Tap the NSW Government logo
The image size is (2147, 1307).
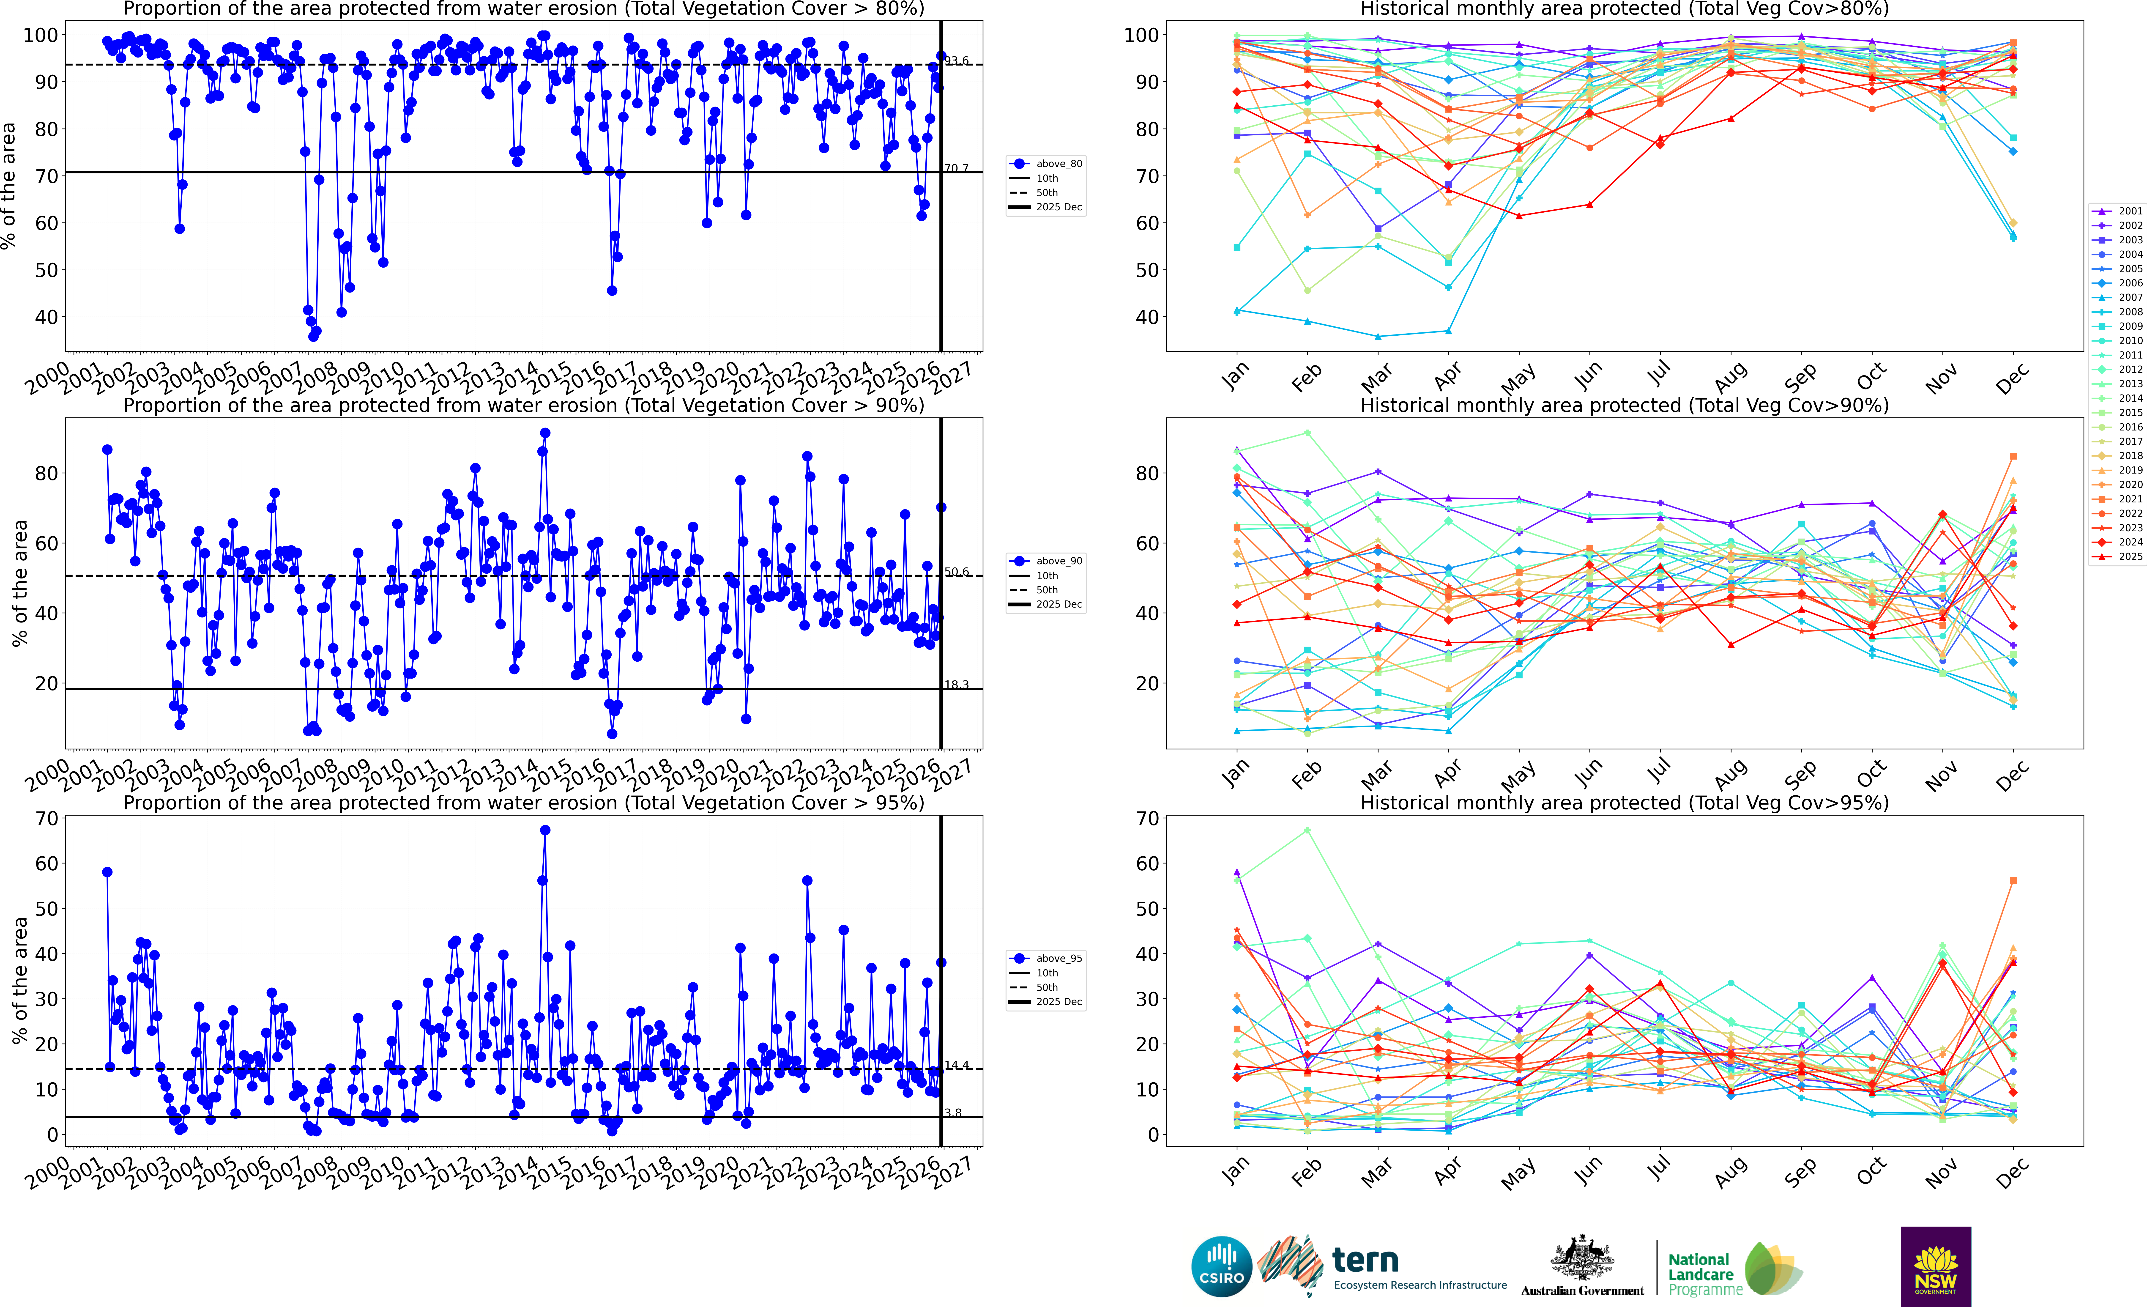point(1935,1266)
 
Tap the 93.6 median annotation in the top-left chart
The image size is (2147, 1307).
point(957,61)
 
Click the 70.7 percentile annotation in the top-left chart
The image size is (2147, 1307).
point(957,168)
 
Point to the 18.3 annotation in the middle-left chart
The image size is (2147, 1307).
point(957,685)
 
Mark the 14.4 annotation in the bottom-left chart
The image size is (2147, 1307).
point(957,1066)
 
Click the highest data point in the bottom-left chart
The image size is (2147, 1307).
point(545,830)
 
